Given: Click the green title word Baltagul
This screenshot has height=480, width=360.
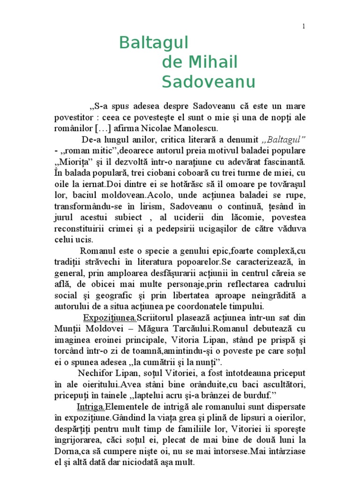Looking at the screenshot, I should pyautogui.click(x=153, y=43).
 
